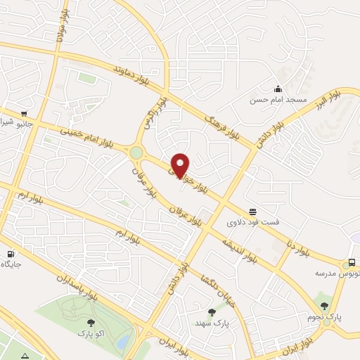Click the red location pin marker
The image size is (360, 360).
181,165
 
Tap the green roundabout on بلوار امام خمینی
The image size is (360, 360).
136,153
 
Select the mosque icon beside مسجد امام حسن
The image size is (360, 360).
278,89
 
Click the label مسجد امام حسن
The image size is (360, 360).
278,101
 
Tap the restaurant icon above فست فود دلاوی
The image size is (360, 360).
252,211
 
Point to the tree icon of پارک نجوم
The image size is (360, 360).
324,306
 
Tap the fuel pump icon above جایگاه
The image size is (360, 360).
11,254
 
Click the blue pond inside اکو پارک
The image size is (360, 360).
124,342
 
